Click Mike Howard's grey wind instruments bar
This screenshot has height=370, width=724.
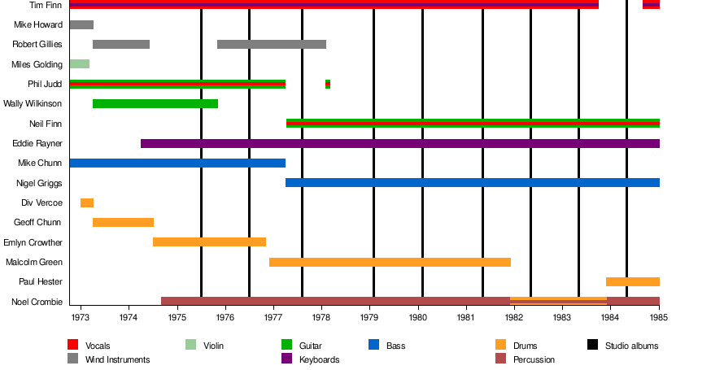81,24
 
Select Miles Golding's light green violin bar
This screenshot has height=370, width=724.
79,63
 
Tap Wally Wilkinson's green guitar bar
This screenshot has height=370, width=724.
155,103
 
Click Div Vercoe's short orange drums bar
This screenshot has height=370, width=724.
87,202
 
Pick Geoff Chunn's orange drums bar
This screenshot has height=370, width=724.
123,222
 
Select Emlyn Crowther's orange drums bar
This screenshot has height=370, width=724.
209,242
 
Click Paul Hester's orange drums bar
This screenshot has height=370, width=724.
632,281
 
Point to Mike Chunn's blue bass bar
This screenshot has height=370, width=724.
177,163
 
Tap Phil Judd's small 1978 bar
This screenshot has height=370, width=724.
328,84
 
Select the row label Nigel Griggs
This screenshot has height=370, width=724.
39,183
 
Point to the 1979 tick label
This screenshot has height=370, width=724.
369,316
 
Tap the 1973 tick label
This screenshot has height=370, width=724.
81,316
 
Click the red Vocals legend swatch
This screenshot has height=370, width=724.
72,346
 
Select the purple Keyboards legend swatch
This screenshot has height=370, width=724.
286,359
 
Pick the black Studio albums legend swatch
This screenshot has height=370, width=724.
592,346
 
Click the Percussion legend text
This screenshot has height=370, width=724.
534,359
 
